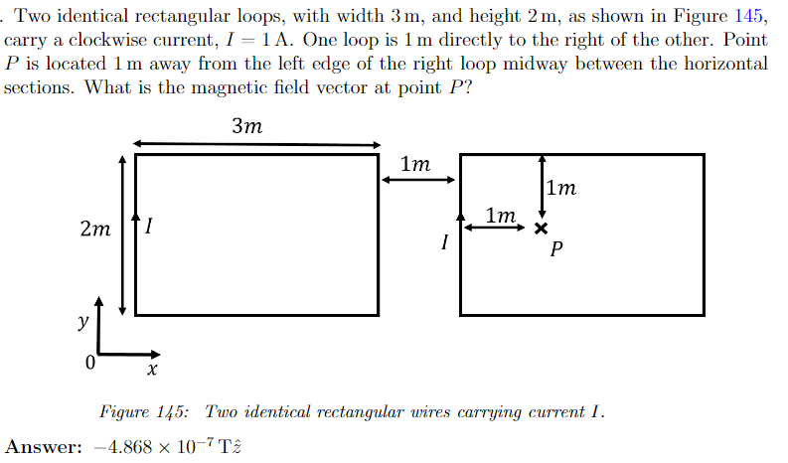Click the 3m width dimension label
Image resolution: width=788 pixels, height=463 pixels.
pyautogui.click(x=246, y=126)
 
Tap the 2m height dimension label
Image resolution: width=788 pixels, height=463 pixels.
pyautogui.click(x=94, y=230)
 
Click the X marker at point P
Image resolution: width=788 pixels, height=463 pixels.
pyautogui.click(x=540, y=229)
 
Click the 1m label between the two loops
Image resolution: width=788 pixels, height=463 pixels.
pyautogui.click(x=414, y=164)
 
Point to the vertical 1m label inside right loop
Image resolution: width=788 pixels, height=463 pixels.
pyautogui.click(x=561, y=188)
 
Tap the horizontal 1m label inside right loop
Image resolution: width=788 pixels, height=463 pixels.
pyautogui.click(x=501, y=215)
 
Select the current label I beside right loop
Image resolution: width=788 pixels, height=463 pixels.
pyautogui.click(x=445, y=241)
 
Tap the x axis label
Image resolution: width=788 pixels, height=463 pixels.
pyautogui.click(x=151, y=370)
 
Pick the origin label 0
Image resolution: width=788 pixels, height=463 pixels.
pyautogui.click(x=90, y=364)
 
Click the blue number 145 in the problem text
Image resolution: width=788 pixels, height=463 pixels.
pyautogui.click(x=750, y=17)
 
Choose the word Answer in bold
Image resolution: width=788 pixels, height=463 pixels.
pyautogui.click(x=43, y=447)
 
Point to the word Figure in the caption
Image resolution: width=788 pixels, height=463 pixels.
pyautogui.click(x=124, y=411)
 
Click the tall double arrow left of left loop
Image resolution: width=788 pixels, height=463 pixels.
pyautogui.click(x=122, y=234)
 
